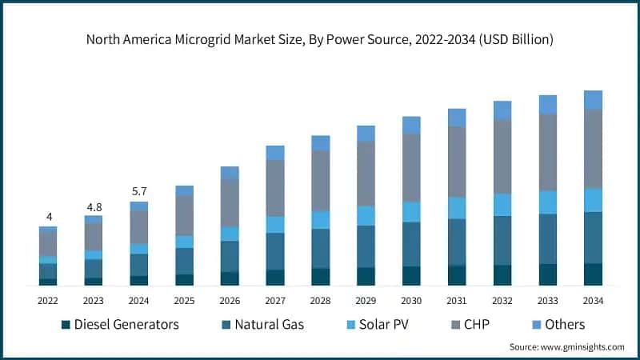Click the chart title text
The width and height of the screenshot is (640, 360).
click(x=320, y=38)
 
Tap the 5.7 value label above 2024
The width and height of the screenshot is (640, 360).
click(x=139, y=191)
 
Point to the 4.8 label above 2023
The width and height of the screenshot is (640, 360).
click(x=94, y=206)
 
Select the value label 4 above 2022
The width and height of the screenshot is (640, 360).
click(x=48, y=217)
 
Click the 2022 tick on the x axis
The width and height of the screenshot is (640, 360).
click(x=48, y=300)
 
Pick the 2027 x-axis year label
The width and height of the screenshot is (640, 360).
click(x=275, y=300)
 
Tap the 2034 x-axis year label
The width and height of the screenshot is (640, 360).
click(x=593, y=300)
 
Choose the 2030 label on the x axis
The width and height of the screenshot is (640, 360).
click(x=411, y=300)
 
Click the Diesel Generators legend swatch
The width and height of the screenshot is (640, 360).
click(x=66, y=325)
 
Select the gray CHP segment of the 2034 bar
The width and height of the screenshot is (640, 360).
click(x=593, y=149)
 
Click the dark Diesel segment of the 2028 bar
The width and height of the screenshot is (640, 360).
click(x=321, y=277)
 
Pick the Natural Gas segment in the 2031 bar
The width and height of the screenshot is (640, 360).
click(x=457, y=242)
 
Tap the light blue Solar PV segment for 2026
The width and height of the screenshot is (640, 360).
click(x=230, y=234)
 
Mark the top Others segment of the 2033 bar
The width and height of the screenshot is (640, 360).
click(x=547, y=104)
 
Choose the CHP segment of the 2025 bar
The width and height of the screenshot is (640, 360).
click(x=185, y=215)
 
